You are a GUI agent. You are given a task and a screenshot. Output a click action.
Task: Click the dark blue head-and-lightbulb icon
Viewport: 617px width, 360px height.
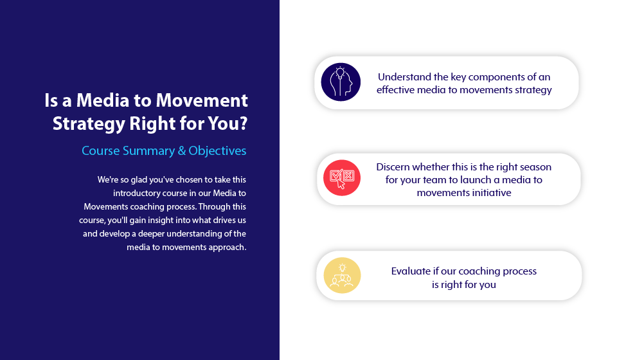(341, 82)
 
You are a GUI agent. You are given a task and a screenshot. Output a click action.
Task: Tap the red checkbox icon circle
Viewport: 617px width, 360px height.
(342, 178)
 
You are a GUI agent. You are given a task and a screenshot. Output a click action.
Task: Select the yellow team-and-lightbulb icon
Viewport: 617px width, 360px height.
(342, 275)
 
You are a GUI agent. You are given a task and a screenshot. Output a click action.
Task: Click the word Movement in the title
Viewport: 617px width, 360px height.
(201, 100)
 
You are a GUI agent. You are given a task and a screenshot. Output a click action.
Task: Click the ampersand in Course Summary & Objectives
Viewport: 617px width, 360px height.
(182, 150)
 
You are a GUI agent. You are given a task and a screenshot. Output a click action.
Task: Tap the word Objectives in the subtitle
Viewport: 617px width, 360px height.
(217, 151)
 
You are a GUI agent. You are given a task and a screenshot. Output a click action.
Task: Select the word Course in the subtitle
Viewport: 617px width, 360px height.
(101, 150)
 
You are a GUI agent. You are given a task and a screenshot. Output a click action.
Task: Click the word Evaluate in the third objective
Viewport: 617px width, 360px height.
(411, 271)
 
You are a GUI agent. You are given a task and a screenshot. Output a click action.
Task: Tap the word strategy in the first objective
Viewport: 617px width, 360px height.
(533, 90)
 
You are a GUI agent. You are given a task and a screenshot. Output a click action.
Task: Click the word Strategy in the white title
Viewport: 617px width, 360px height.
(89, 124)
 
